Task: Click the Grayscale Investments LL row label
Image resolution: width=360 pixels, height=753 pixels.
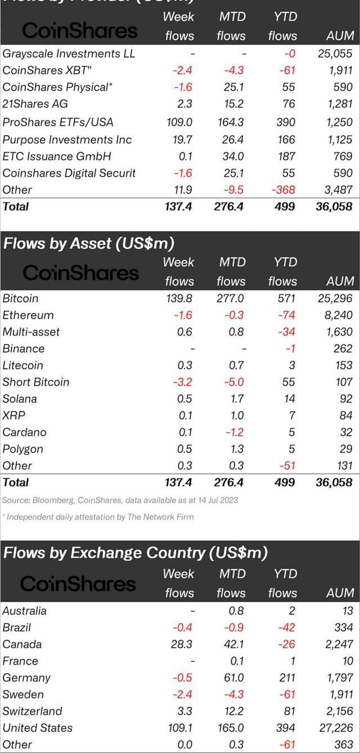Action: click(x=69, y=54)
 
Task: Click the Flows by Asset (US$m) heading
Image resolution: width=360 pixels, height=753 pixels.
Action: click(x=89, y=244)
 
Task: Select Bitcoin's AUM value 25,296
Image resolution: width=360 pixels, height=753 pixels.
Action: click(x=335, y=298)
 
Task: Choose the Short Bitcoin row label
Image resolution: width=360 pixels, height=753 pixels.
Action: click(x=36, y=382)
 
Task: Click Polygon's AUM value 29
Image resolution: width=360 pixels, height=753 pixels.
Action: click(x=346, y=449)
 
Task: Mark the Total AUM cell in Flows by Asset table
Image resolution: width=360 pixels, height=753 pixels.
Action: click(x=334, y=482)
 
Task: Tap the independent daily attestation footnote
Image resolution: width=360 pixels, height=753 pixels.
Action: click(x=98, y=517)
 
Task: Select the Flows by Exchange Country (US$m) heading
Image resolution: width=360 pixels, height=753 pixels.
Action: click(x=135, y=553)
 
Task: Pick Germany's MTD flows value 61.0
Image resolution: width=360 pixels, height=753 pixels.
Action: click(x=232, y=678)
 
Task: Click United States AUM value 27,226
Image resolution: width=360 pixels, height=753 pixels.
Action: click(x=335, y=728)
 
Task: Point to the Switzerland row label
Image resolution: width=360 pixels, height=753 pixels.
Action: click(x=32, y=711)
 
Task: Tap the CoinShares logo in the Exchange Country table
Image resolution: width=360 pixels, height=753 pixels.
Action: click(x=78, y=584)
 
